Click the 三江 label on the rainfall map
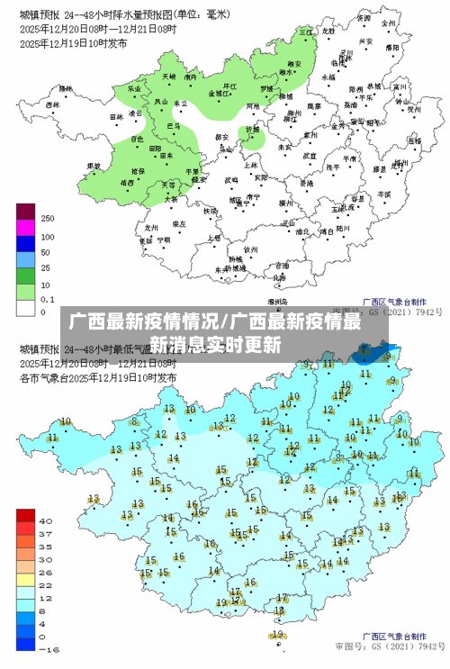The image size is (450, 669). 304,32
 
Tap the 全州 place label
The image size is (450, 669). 389,23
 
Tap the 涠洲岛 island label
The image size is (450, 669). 276,303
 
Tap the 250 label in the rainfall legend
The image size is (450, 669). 48,219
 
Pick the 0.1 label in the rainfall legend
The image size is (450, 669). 48,297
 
